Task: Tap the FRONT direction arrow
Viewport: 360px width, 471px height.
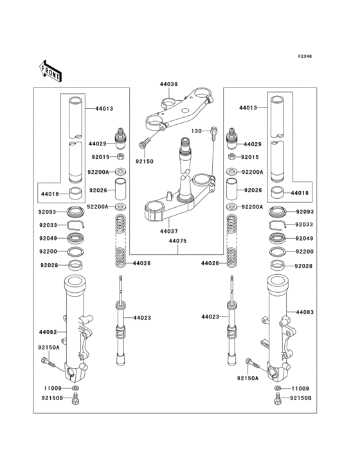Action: click(x=51, y=69)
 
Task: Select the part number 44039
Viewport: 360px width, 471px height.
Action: click(x=169, y=84)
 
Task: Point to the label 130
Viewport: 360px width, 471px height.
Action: click(x=197, y=131)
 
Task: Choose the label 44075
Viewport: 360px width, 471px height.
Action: click(x=177, y=241)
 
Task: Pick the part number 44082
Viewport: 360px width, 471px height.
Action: click(x=48, y=332)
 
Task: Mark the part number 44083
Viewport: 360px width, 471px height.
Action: click(x=305, y=312)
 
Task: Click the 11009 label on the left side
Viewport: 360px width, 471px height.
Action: click(x=53, y=389)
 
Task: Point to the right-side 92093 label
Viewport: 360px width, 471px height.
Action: click(x=305, y=212)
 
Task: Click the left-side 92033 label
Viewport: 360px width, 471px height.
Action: click(x=49, y=225)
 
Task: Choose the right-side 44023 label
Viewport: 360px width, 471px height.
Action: click(x=210, y=317)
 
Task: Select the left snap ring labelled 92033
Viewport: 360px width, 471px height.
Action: click(x=75, y=225)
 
